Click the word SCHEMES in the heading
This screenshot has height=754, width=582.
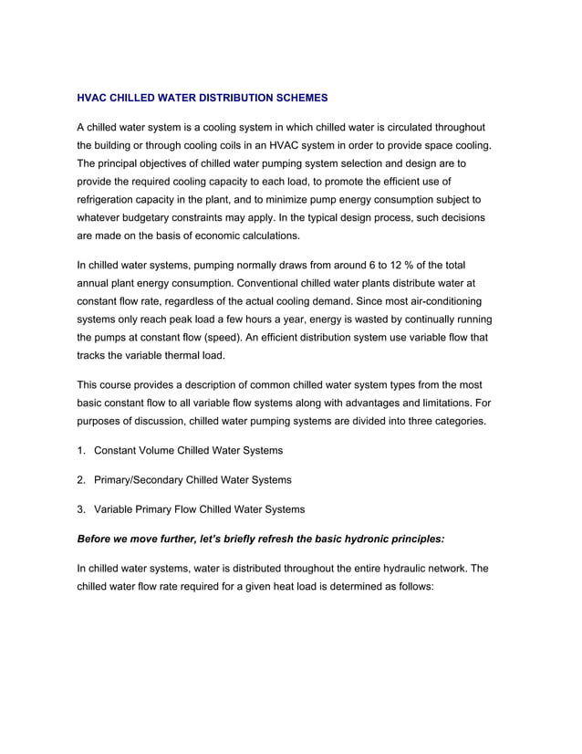[299, 97]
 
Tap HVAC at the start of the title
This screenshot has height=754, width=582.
[92, 97]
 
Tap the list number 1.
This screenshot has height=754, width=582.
[80, 451]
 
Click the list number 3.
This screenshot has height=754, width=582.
[80, 509]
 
